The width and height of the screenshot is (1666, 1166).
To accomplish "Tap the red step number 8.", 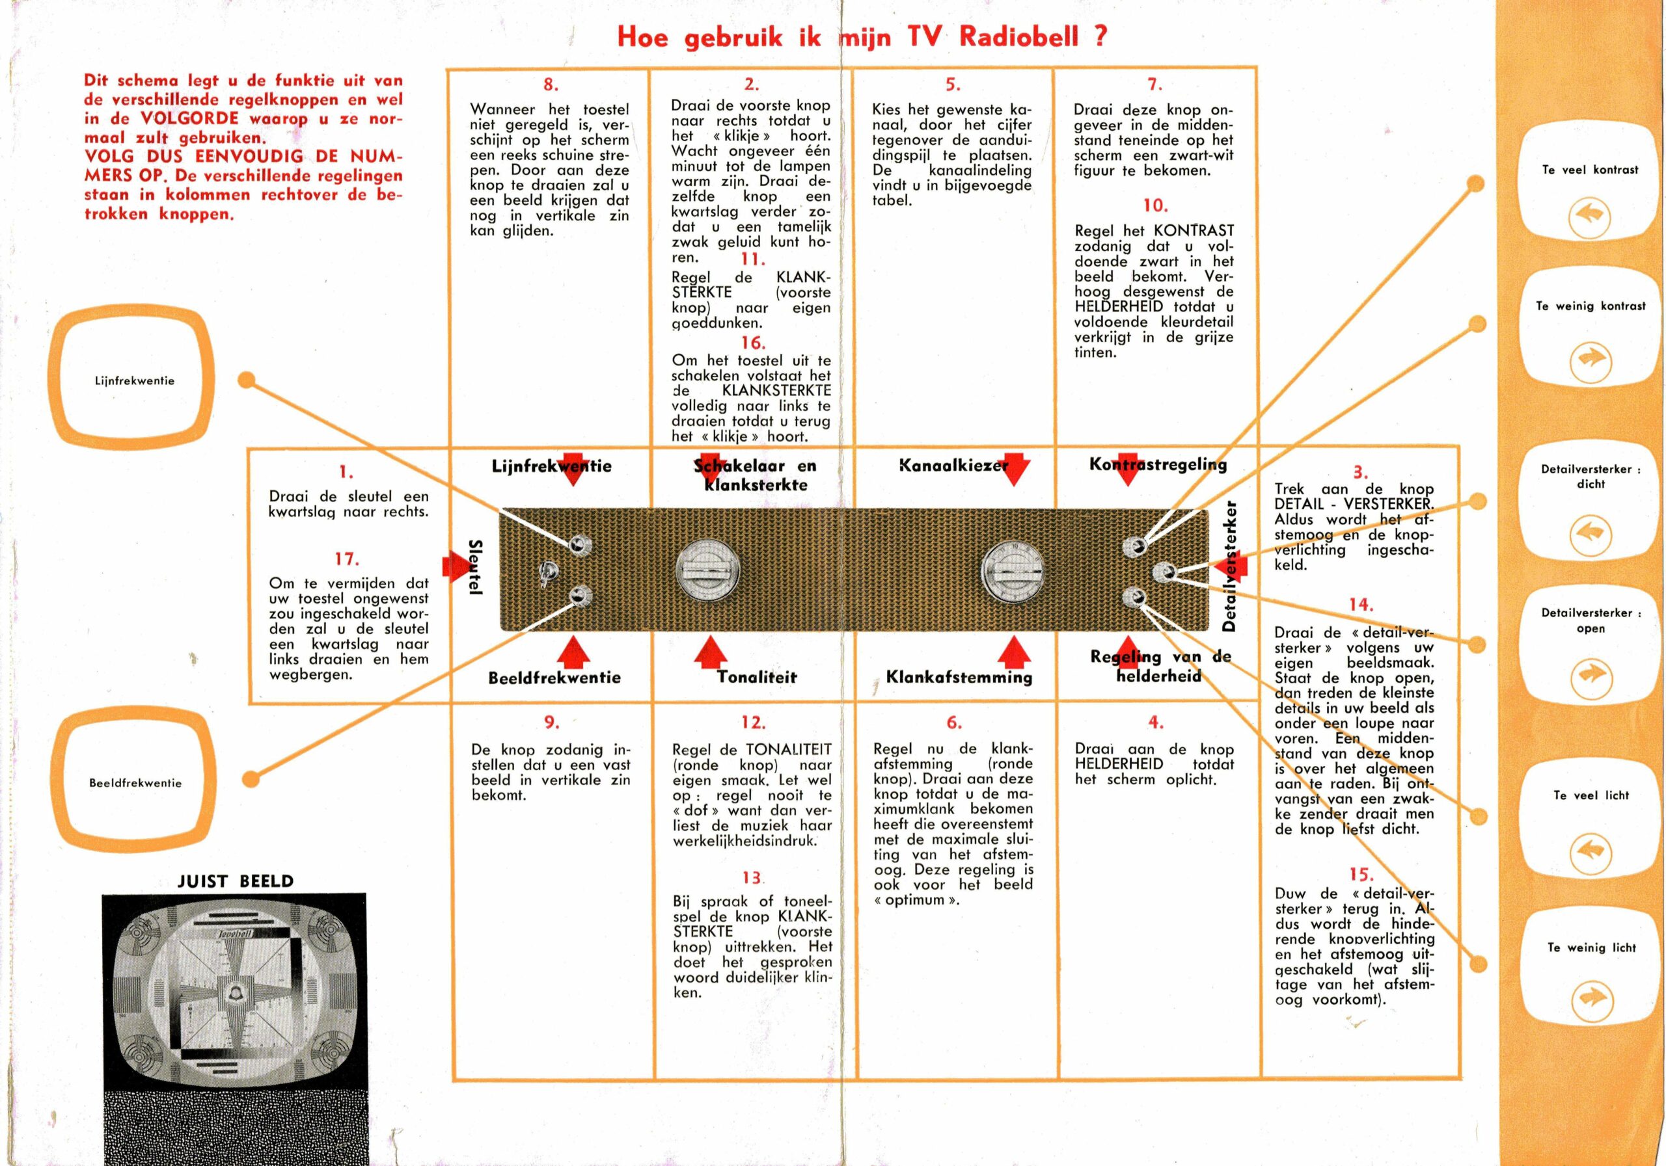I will (551, 84).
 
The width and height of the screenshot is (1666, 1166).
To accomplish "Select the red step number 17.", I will (346, 559).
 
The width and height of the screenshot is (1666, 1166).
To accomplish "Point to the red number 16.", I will (753, 342).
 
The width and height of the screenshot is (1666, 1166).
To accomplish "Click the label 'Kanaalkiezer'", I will (953, 466).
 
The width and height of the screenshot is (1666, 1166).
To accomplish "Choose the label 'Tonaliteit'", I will (756, 677).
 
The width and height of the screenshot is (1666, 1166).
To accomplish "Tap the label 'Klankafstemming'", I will (959, 677).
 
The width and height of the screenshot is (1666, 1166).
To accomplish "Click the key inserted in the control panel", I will (545, 574).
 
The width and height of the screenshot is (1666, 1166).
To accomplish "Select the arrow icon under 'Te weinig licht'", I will (1591, 1001).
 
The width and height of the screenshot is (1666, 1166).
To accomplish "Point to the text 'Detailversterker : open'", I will (1591, 620).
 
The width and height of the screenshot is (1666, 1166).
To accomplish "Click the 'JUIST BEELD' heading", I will (235, 881).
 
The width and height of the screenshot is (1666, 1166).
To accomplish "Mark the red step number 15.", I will (1361, 875).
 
